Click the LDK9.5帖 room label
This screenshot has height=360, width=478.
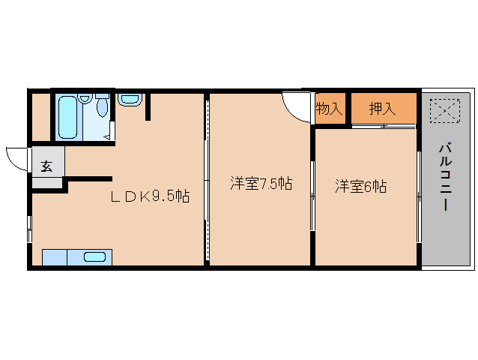[150, 197]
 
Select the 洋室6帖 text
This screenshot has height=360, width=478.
[360, 186]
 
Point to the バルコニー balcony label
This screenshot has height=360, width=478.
[444, 178]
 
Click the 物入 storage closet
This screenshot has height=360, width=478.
[329, 109]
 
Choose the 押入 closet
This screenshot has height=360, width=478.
[382, 109]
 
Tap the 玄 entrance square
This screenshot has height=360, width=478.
[46, 166]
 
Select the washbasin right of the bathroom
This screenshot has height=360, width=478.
[129, 99]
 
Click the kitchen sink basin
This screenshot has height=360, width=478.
[94, 256]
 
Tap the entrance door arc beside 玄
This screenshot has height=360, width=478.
[15, 158]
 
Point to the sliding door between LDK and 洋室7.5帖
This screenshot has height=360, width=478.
[206, 180]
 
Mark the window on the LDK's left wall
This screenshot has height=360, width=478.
[30, 229]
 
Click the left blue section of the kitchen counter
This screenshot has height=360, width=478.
[54, 257]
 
